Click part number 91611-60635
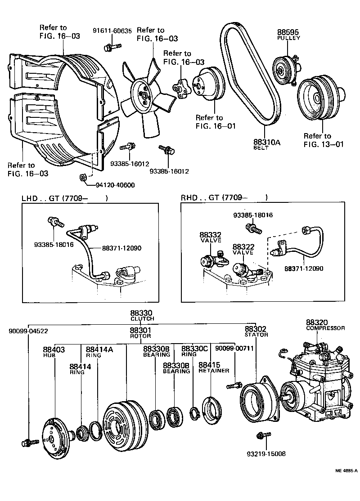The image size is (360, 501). pyautogui.click(x=112, y=31)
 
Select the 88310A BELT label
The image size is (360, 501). pyautogui.click(x=266, y=144)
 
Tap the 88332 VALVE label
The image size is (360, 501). pyautogui.click(x=211, y=237)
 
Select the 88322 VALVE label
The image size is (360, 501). pyautogui.click(x=243, y=250)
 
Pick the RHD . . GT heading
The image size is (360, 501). pyautogui.click(x=224, y=197)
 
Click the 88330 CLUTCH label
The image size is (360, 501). pyautogui.click(x=142, y=315)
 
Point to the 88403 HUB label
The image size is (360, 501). pyautogui.click(x=54, y=352)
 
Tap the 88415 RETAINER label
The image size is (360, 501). pyautogui.click(x=210, y=367)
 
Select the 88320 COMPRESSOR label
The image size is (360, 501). pyautogui.click(x=325, y=325)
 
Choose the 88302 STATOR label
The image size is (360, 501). pyautogui.click(x=256, y=331)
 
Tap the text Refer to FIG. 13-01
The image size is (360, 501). pyautogui.click(x=317, y=140)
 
